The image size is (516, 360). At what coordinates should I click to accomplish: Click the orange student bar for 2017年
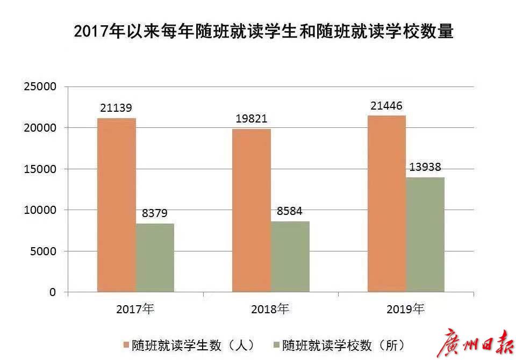point(117,205)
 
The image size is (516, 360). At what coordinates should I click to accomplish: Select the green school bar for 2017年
point(155,257)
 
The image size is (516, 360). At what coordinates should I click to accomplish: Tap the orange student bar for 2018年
point(252,210)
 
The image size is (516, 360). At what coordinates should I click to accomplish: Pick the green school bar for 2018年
point(290,257)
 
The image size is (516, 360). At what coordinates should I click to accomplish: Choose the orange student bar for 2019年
point(386,204)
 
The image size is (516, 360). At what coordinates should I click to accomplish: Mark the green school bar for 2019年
point(425,235)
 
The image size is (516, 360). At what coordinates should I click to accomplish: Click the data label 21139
point(116,108)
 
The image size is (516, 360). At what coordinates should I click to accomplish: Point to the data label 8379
point(155,213)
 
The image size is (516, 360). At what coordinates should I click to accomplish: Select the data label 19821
point(252,119)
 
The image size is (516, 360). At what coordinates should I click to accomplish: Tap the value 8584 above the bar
point(290,211)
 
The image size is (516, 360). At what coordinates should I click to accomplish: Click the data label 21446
point(386,105)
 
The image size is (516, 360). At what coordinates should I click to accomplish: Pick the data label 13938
point(425,167)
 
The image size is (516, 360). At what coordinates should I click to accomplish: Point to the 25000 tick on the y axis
point(41,87)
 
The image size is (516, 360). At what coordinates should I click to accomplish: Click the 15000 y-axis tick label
point(41,169)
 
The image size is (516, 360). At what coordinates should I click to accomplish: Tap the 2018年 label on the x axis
point(270,309)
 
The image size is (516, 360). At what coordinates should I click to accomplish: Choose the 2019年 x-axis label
point(405,309)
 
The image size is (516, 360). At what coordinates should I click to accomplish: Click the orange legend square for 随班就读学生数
point(126,344)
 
